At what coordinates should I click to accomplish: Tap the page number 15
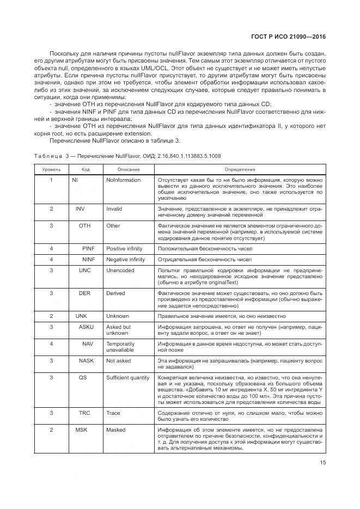[322, 463]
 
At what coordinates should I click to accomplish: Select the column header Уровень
[51, 170]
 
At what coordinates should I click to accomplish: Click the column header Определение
[240, 170]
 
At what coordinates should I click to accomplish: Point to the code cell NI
[75, 180]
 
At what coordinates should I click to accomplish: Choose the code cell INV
[81, 209]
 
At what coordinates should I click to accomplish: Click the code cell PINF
[88, 248]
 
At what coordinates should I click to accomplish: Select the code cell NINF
[88, 259]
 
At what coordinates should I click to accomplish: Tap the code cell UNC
[84, 270]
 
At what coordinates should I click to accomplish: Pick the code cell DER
[84, 293]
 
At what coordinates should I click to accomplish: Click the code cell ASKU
[86, 327]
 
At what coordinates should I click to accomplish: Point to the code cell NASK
[86, 360]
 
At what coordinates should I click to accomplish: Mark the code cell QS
[83, 377]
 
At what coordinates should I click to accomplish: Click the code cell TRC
[84, 413]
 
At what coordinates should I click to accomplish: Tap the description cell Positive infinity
[125, 248]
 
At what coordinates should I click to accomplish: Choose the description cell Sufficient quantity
[128, 377]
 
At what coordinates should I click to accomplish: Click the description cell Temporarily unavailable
[120, 347]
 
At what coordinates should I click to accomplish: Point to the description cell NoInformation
[123, 180]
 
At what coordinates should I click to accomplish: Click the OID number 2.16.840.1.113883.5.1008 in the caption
[188, 156]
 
